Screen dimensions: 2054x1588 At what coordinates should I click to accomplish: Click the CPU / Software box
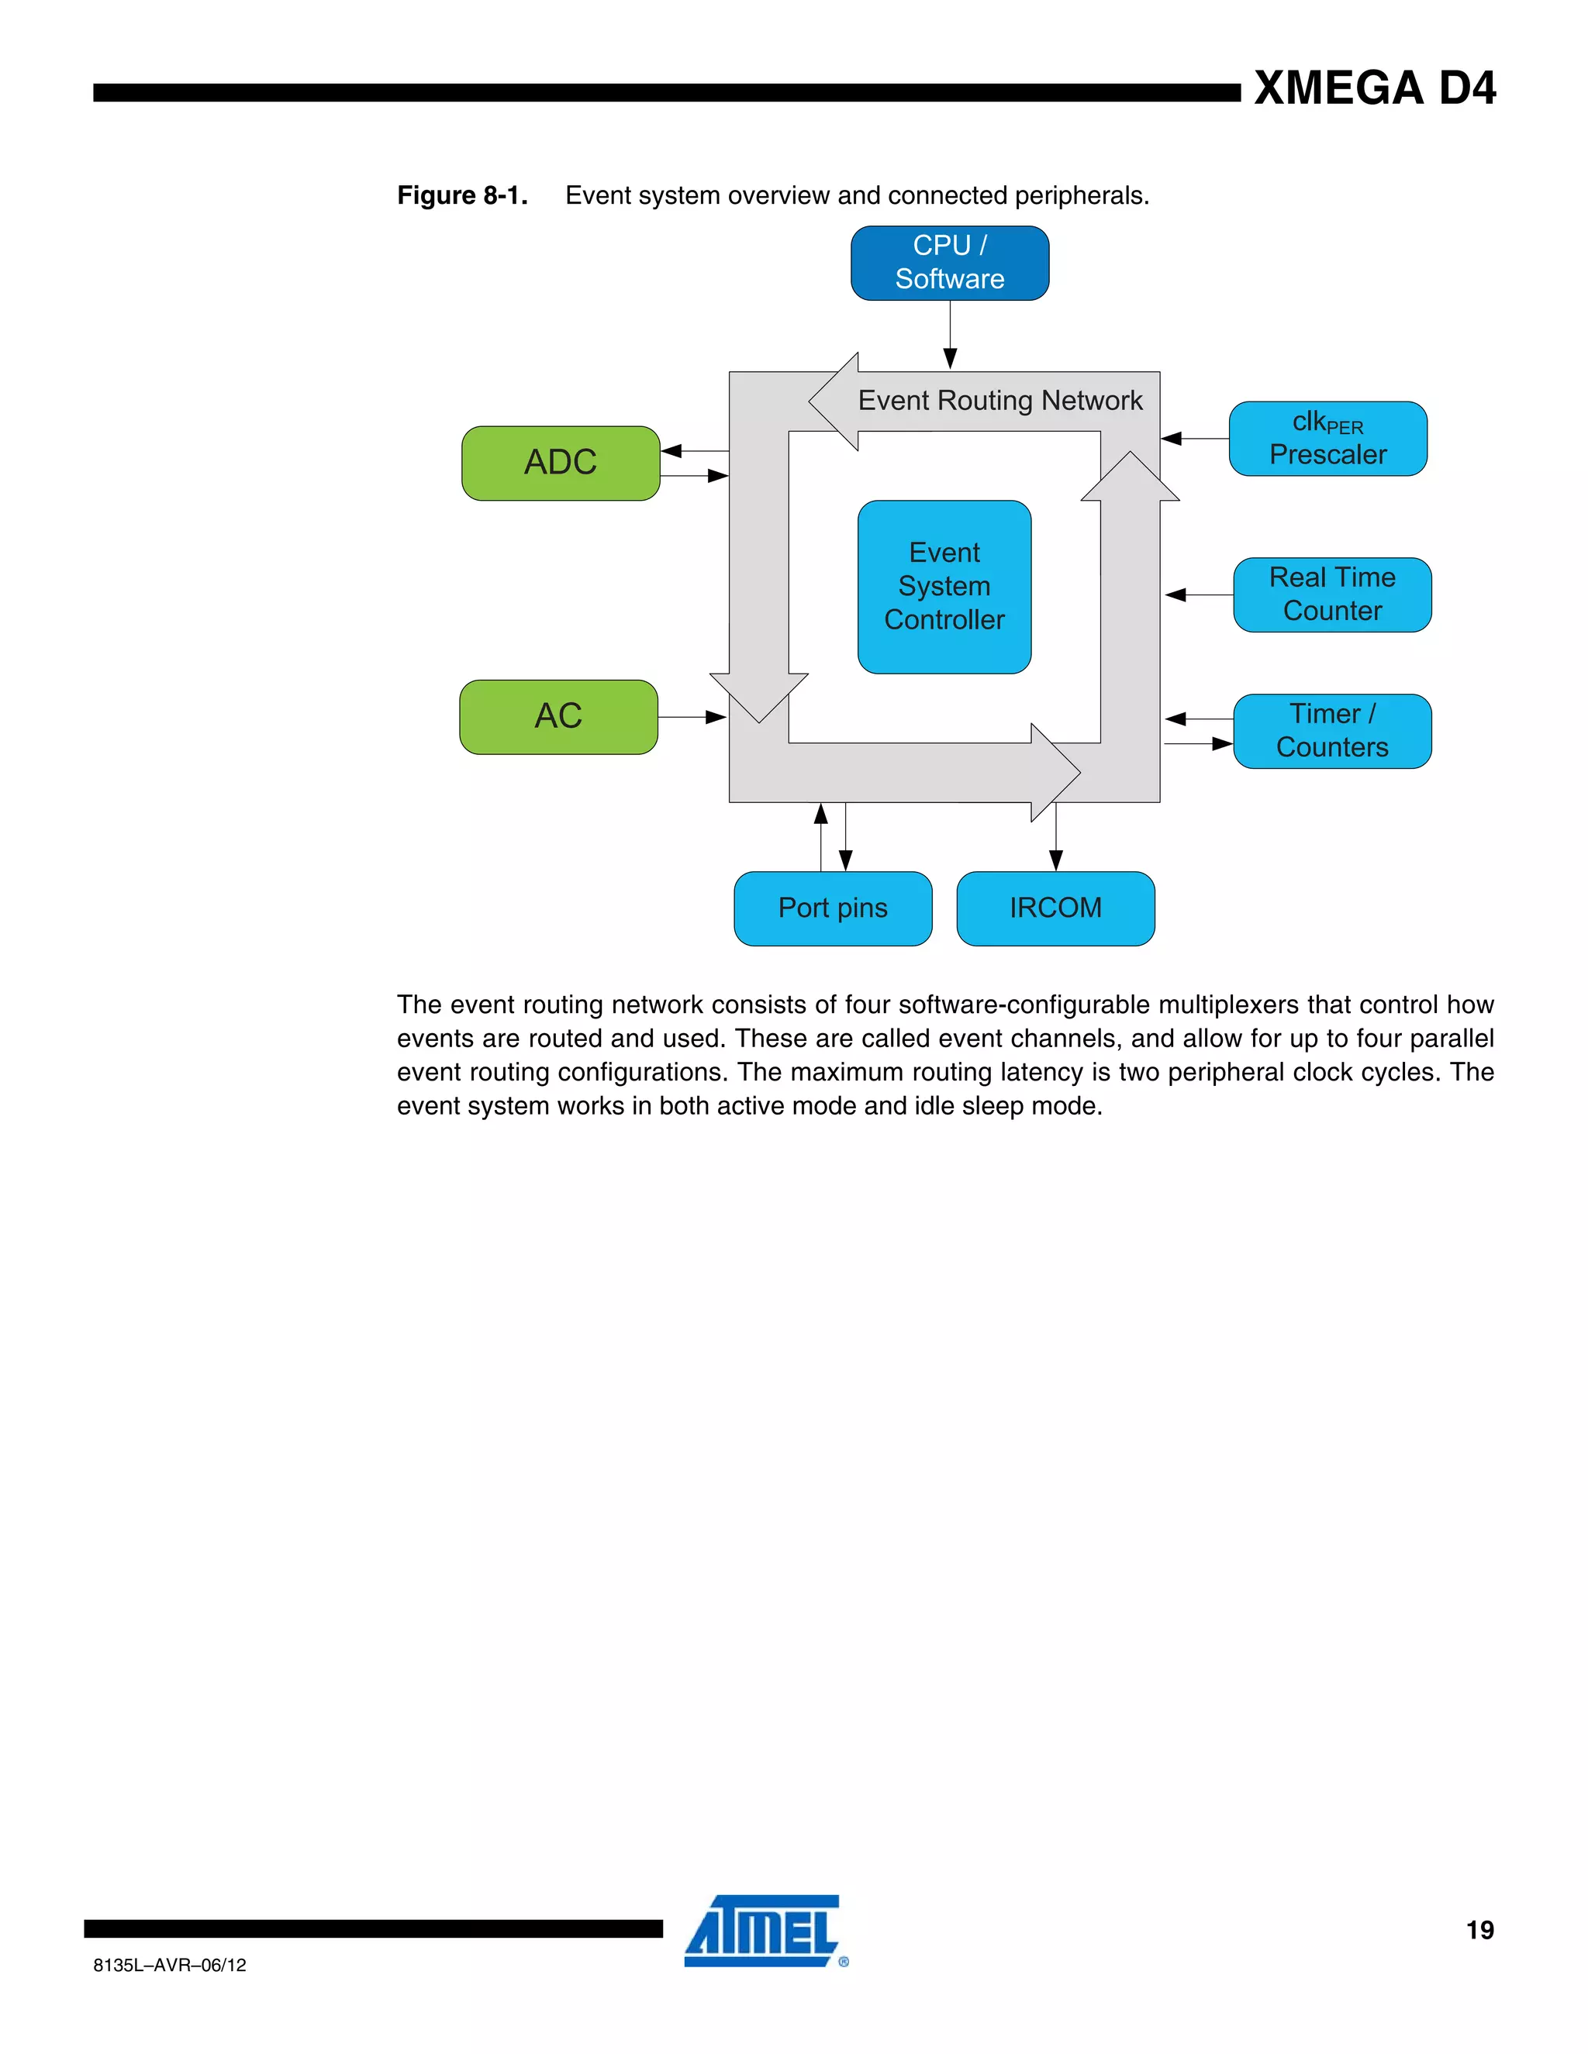tap(949, 264)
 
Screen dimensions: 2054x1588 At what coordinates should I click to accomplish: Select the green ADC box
tap(561, 463)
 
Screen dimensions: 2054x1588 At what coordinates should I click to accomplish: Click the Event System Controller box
tap(944, 587)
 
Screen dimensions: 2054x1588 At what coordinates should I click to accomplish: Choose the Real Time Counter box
tap(1332, 594)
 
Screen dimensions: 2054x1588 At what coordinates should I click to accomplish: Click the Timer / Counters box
tap(1332, 731)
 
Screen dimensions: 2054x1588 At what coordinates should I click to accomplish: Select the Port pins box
tap(833, 908)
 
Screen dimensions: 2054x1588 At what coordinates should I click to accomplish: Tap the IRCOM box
tap(1055, 908)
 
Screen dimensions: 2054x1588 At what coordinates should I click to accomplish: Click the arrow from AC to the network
tap(692, 718)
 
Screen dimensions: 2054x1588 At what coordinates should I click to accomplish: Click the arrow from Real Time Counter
tap(1199, 594)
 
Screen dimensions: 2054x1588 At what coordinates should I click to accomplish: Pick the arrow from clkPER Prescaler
tap(1195, 438)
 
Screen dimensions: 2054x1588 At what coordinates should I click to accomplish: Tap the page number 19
tap(1479, 1930)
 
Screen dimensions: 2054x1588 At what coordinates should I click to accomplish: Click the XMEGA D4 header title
tap(1375, 88)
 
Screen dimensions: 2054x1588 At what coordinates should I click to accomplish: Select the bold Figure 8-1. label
tap(462, 195)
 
